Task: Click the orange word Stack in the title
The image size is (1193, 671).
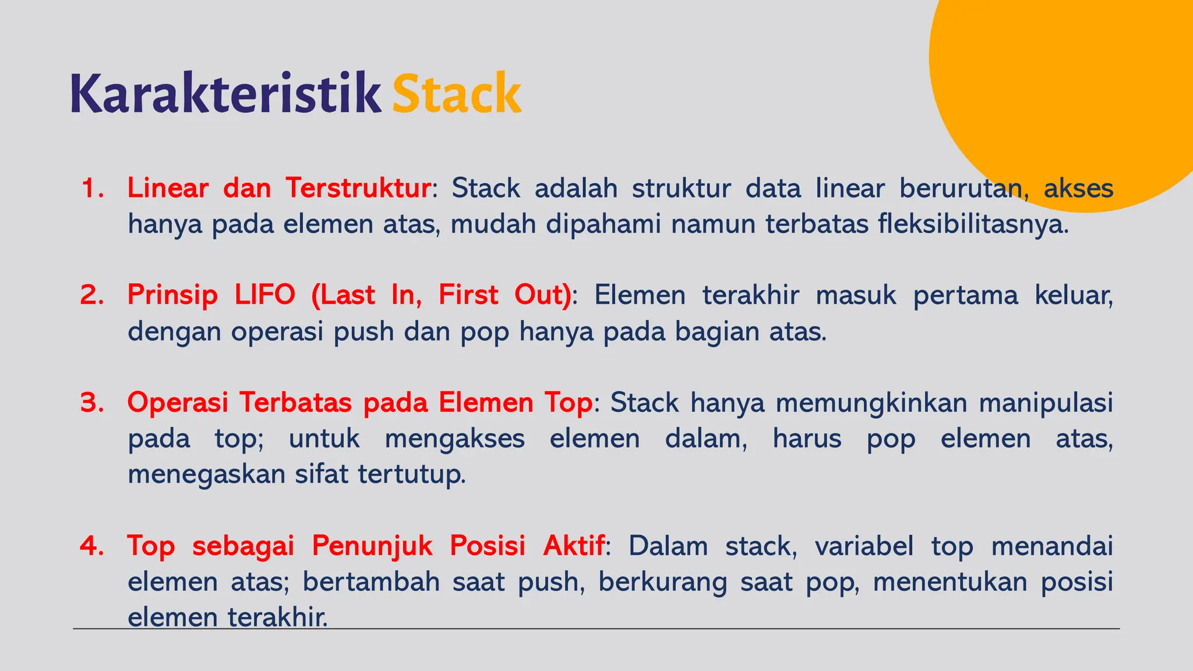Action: coord(457,93)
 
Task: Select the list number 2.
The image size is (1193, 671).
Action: coord(91,295)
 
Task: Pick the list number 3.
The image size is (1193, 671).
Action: coord(91,402)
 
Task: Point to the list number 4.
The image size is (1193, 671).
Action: coord(91,546)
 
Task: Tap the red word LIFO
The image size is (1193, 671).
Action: coord(265,295)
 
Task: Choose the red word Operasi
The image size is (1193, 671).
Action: coord(178,402)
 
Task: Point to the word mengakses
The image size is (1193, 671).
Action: coord(454,439)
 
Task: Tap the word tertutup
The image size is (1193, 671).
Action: coord(411,474)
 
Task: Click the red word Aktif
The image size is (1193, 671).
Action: coord(574,546)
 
